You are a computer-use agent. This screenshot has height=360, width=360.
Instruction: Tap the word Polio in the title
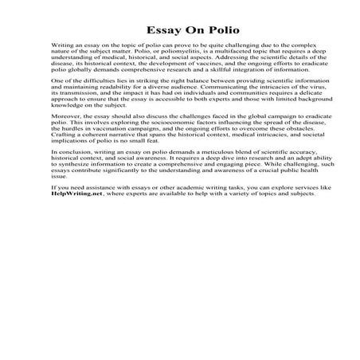[x=206, y=32]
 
